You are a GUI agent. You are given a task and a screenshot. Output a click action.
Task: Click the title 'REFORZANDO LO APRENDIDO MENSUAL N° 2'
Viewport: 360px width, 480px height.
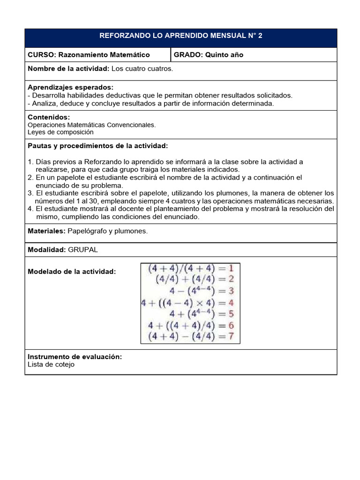pos(181,36)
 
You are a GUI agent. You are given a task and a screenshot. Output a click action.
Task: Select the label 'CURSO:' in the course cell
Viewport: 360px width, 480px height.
pos(42,55)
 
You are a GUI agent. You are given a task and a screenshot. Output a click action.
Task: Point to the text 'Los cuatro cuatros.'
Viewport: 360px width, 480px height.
pos(142,69)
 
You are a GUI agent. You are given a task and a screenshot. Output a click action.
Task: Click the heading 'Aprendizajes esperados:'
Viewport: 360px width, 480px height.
pos(70,88)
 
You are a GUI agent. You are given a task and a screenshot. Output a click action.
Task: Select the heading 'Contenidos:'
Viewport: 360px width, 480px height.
pos(49,117)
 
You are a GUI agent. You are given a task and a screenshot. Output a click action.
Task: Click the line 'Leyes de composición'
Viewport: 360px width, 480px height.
pos(60,132)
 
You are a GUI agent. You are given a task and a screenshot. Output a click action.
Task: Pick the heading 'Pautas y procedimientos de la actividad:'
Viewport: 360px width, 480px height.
pos(97,146)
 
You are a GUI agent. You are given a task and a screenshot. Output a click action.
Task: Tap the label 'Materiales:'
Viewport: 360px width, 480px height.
pos(47,231)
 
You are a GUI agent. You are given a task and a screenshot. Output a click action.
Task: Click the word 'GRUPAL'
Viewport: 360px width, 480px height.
pos(83,250)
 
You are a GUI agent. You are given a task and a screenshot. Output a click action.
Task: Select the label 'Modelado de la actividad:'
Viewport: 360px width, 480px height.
pos(72,271)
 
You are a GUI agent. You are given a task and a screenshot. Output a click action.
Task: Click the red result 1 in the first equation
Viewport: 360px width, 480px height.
pos(231,269)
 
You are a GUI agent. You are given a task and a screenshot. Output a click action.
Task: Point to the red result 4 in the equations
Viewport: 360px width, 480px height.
pos(231,303)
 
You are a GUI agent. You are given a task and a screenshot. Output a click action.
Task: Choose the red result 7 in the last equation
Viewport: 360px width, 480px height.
pos(231,337)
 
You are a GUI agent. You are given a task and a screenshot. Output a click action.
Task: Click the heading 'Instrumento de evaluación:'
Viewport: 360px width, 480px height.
pos(75,357)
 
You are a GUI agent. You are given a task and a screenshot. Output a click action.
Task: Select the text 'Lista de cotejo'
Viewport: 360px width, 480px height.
pos(51,364)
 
